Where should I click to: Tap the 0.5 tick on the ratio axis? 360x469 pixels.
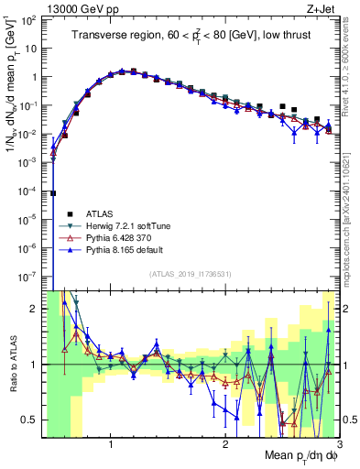click(31, 420)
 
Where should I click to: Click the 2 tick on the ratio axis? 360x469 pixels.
click(35, 309)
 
